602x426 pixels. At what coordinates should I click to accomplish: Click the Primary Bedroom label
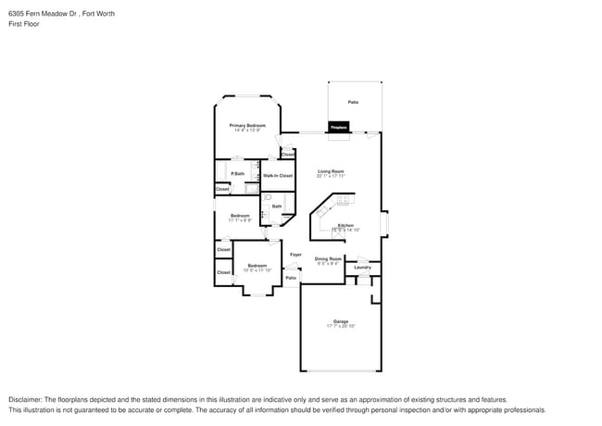point(247,125)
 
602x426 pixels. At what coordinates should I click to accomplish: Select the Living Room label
point(331,170)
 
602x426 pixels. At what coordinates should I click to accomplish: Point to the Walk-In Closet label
point(278,175)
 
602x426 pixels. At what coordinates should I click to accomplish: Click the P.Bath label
point(238,173)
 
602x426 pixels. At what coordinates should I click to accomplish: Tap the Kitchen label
point(345,225)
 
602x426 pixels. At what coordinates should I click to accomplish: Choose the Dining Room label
point(328,258)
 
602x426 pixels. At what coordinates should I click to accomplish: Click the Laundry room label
point(362,267)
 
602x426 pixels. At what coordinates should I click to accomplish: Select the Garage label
point(341,321)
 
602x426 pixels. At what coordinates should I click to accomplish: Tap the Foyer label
point(295,254)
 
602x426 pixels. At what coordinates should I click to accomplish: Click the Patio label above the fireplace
point(353,102)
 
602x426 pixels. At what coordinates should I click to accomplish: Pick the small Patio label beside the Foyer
point(291,278)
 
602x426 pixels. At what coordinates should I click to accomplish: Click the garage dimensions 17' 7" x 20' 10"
point(341,326)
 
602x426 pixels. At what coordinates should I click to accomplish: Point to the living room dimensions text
point(331,175)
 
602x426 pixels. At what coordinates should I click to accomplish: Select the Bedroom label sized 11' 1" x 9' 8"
point(240,216)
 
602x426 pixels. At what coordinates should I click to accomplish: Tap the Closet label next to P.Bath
point(222,189)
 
